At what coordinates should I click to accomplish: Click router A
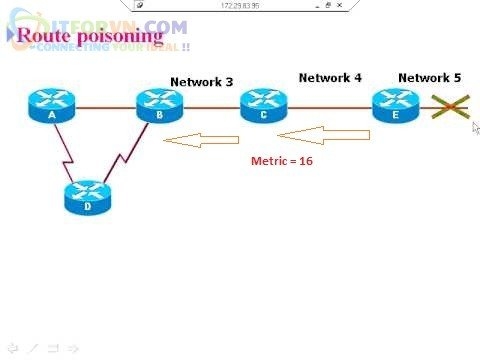click(x=45, y=106)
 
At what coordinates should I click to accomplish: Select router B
click(x=157, y=106)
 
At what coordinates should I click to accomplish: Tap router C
click(x=262, y=106)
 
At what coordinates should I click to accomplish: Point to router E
click(x=393, y=106)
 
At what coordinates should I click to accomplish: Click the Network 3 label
click(x=201, y=82)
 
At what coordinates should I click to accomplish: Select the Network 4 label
click(x=330, y=77)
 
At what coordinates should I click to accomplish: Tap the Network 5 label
click(x=430, y=77)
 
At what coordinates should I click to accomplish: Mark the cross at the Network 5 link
click(x=452, y=107)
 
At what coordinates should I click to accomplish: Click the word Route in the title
click(x=41, y=36)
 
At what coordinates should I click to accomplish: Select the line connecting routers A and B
click(x=101, y=107)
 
